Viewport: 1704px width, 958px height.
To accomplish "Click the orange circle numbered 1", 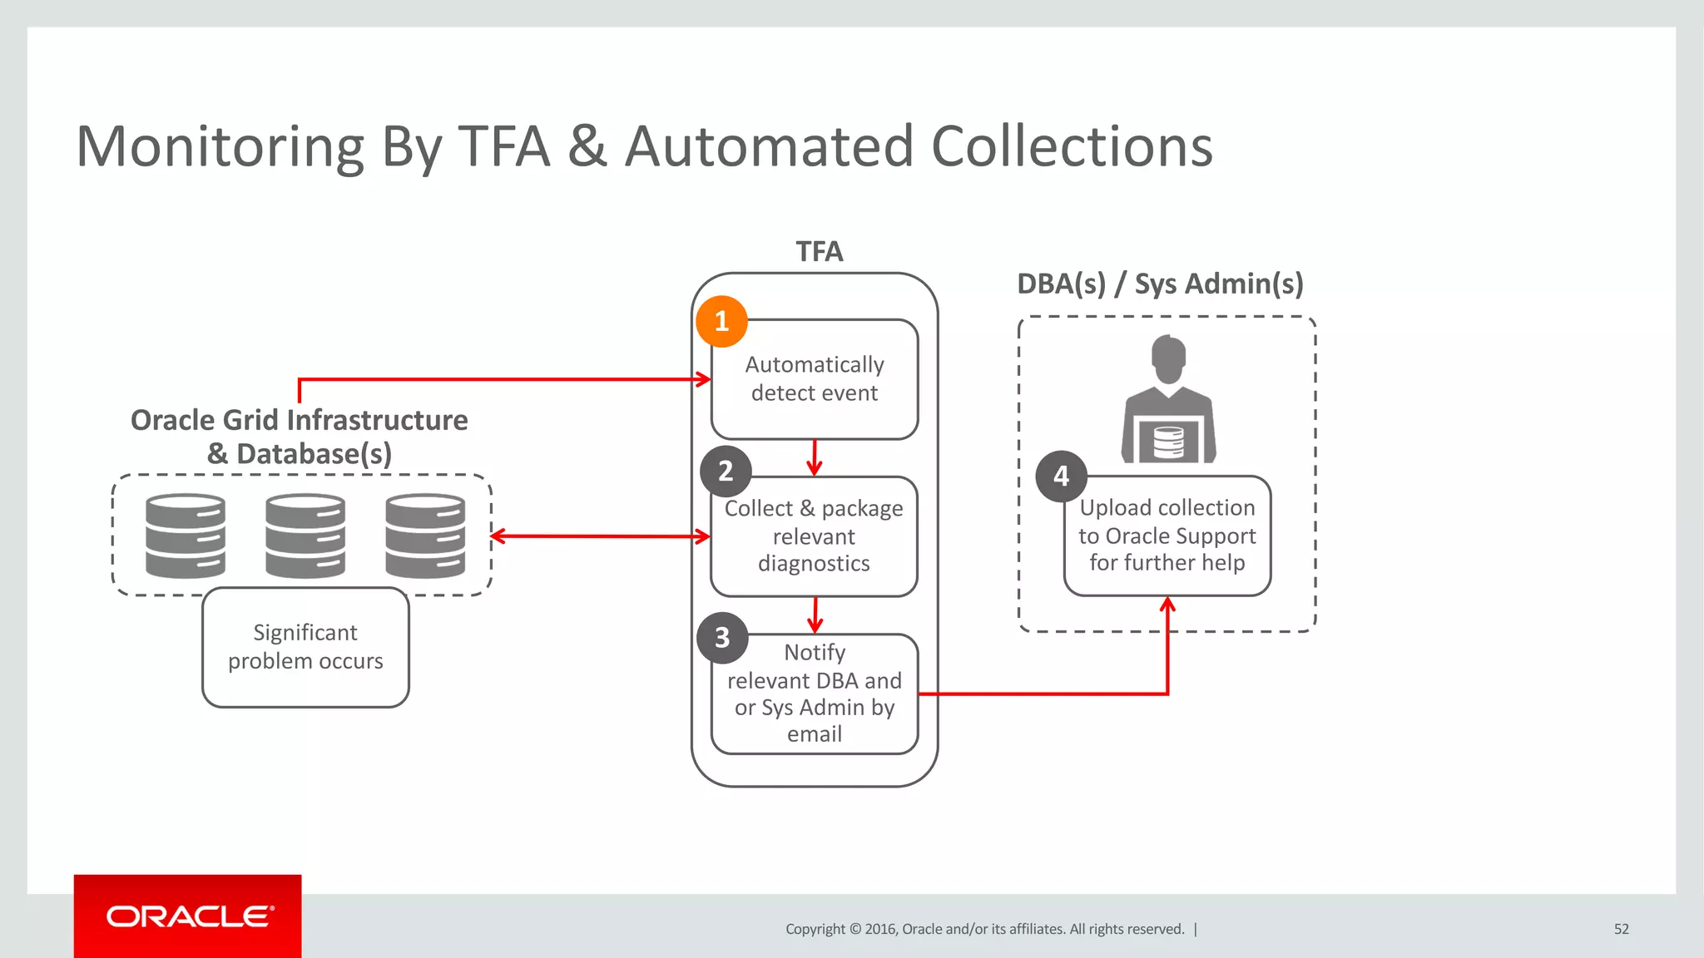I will click(721, 321).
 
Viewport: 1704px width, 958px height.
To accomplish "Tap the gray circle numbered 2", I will click(726, 472).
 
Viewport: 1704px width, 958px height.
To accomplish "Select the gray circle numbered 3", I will click(722, 638).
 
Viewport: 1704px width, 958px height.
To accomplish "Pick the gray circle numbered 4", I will click(1061, 477).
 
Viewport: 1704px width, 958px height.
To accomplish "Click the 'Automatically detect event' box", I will click(815, 380).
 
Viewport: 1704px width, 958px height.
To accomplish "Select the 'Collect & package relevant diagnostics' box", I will click(815, 536).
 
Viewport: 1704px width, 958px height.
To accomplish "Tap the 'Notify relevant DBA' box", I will click(815, 694).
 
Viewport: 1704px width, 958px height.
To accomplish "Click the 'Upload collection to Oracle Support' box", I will click(1167, 536).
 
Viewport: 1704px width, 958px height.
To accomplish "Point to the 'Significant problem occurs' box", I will click(305, 647).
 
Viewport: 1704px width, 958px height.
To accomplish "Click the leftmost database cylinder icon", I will click(186, 536).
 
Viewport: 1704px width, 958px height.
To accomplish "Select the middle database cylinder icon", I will click(305, 536).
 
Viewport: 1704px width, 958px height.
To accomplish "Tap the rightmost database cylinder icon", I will click(425, 536).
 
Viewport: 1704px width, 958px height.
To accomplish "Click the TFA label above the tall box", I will click(819, 251).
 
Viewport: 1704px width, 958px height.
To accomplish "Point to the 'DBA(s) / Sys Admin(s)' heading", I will click(1160, 284).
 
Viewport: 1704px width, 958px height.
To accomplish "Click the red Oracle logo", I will click(188, 916).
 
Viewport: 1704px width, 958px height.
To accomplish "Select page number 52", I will click(1621, 929).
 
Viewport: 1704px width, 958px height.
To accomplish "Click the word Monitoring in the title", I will click(220, 147).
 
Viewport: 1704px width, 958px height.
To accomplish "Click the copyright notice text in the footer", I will click(984, 929).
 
